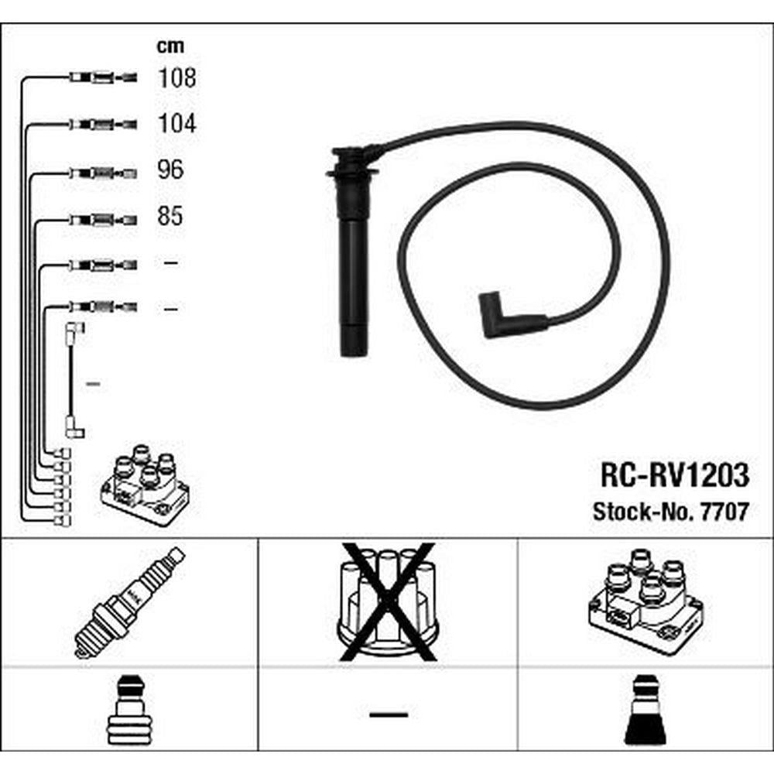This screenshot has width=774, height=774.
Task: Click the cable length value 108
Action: (x=176, y=78)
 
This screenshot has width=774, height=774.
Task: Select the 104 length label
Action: (x=176, y=123)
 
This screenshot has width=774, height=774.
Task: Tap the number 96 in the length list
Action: (x=170, y=170)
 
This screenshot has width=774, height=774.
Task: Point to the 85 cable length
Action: (x=170, y=216)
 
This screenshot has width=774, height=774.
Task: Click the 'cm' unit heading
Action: (x=170, y=46)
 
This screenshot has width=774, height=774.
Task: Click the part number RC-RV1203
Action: (x=674, y=475)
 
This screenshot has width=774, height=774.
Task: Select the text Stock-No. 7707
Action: (x=671, y=512)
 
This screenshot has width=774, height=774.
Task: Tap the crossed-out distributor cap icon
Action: (x=388, y=601)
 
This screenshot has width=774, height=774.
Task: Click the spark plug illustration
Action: (x=129, y=603)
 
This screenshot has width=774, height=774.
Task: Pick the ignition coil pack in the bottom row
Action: (x=646, y=601)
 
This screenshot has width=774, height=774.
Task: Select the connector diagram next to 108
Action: (x=103, y=77)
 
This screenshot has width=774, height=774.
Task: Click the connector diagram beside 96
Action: (x=103, y=173)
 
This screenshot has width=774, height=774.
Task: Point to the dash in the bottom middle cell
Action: (x=389, y=714)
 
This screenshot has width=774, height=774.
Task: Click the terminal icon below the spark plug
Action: (x=129, y=710)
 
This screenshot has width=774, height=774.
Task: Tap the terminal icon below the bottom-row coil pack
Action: (x=646, y=710)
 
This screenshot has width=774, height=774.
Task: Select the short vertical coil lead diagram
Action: (x=74, y=380)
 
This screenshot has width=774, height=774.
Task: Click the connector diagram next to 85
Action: (x=103, y=220)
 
